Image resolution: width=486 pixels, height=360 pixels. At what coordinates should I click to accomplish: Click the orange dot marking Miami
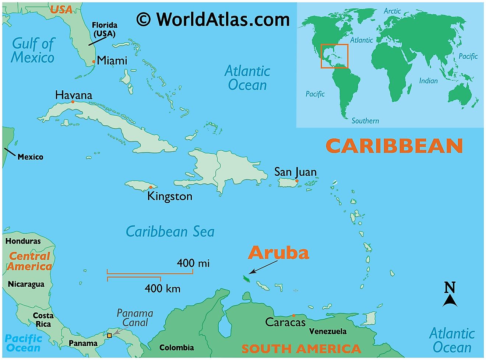[x=94, y=62]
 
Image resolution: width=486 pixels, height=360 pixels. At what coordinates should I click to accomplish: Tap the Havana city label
[x=74, y=95]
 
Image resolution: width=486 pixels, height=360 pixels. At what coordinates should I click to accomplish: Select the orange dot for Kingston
[x=151, y=188]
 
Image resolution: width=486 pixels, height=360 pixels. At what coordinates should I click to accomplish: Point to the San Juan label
[x=295, y=172]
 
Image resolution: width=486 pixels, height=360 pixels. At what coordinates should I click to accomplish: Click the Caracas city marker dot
[x=293, y=315]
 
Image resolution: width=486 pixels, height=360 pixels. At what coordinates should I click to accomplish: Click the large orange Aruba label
[x=278, y=253]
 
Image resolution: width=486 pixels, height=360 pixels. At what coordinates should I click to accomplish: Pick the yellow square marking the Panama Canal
[x=109, y=336]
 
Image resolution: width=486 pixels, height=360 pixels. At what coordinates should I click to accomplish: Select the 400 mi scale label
[x=193, y=263]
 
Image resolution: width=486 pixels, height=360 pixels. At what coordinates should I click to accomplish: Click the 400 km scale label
[x=162, y=288]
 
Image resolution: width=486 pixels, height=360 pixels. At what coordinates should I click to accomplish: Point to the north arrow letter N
[x=450, y=287]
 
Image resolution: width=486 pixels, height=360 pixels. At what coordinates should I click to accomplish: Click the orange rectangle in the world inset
[x=334, y=56]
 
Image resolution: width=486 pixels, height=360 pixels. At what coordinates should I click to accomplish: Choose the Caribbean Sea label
[x=170, y=231]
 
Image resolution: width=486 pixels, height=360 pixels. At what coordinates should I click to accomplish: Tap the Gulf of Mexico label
[x=33, y=50]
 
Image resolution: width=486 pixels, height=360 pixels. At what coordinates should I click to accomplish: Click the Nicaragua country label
[x=26, y=284]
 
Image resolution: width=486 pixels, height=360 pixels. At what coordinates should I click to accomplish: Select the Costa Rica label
[x=43, y=320]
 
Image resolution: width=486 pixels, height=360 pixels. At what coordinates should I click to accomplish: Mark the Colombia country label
[x=176, y=347]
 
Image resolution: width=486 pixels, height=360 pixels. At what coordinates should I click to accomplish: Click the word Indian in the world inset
[x=428, y=81]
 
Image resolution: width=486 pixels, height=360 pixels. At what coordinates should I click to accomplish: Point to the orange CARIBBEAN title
[x=394, y=146]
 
